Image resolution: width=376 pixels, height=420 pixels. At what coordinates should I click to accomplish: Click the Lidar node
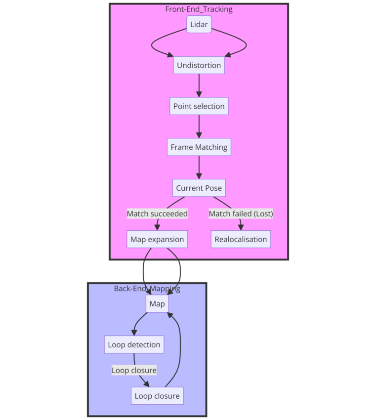tap(199, 24)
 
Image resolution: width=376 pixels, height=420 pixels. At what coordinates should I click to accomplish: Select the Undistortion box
tap(199, 65)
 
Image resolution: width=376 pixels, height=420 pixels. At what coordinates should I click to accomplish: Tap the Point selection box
tap(199, 106)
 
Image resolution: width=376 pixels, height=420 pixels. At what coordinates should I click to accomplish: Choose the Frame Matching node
tap(199, 147)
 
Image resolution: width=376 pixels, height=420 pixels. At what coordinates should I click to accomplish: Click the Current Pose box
tap(199, 188)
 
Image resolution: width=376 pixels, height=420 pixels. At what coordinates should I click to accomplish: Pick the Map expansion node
tap(157, 239)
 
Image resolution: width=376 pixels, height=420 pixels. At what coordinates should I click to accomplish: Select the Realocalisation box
tap(241, 239)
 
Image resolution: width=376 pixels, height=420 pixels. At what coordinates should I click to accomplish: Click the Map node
tap(157, 303)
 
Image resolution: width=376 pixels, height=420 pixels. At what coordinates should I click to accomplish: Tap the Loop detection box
tap(134, 344)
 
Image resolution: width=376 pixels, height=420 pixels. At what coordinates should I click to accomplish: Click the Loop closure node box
tap(157, 396)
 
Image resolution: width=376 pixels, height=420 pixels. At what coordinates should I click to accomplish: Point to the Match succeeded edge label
tap(157, 213)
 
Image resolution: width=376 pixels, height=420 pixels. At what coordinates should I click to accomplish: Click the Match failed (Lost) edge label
tap(241, 213)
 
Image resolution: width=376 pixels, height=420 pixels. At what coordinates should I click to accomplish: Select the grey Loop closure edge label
tap(134, 370)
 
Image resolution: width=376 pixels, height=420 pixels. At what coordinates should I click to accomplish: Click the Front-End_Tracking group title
tap(199, 9)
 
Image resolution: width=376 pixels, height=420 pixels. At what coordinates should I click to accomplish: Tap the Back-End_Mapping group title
tap(147, 289)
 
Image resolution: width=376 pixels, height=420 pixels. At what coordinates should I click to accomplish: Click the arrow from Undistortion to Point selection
tap(199, 85)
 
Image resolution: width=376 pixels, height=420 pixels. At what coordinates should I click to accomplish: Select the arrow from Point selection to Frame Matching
tap(199, 126)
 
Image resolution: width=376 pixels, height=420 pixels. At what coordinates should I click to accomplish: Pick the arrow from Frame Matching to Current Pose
tap(199, 168)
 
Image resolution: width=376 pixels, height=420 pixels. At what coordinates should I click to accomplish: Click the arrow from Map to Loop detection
tap(137, 322)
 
